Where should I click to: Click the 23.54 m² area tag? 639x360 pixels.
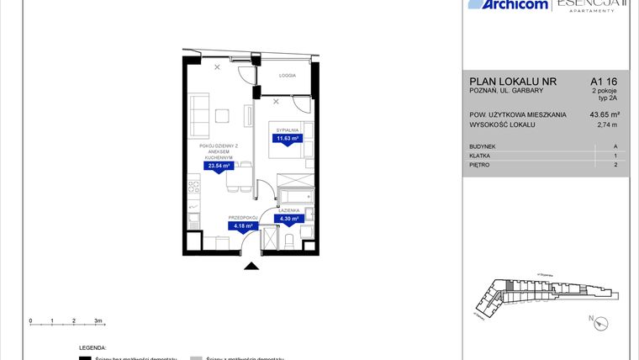(219, 166)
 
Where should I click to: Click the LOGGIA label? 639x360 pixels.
(287, 75)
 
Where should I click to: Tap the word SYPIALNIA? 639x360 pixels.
(288, 130)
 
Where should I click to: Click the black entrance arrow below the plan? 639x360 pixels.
(251, 267)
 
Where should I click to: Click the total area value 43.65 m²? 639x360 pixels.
(605, 115)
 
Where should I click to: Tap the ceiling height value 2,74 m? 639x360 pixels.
(606, 124)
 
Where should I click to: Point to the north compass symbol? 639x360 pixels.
(593, 320)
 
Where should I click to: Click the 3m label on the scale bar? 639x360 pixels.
(98, 320)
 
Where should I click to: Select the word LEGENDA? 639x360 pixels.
(92, 347)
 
